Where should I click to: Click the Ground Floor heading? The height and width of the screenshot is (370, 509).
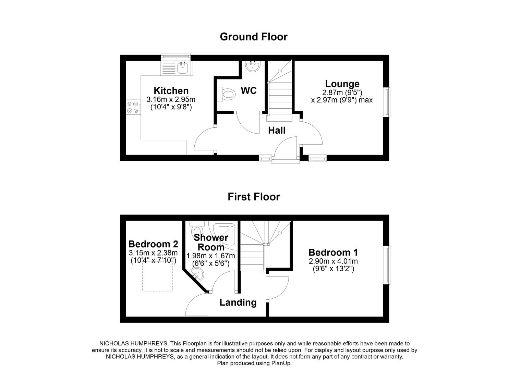(253, 37)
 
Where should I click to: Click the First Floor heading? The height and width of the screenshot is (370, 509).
(254, 197)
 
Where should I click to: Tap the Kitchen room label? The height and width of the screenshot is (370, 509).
(171, 91)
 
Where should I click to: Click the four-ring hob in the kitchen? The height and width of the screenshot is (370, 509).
(133, 107)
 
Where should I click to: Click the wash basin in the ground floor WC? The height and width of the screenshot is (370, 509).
(253, 66)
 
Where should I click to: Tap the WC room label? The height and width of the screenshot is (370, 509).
(249, 91)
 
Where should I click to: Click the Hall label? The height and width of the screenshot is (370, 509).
(277, 131)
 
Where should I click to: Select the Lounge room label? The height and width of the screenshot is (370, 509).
(342, 84)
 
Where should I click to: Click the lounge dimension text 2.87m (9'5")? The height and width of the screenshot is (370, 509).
(342, 92)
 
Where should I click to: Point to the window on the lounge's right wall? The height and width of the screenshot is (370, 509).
(387, 102)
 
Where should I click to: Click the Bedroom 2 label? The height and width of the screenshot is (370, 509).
(153, 244)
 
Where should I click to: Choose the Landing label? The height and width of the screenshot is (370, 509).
(238, 303)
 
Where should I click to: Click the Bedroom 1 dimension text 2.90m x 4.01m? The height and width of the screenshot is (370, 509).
(333, 261)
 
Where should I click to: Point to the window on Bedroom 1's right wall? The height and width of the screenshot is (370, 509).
(387, 265)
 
